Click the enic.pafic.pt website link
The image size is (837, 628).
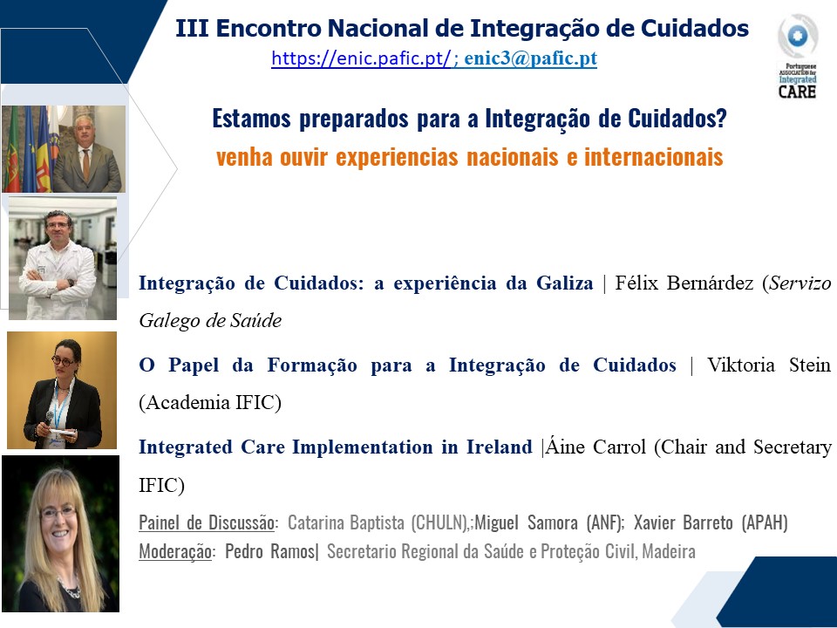point(361,58)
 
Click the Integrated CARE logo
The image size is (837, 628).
point(798,56)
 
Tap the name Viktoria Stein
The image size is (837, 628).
point(769,365)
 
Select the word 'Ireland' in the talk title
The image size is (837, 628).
point(500,447)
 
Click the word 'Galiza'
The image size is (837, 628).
point(564,283)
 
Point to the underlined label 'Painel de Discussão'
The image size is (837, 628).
point(207,522)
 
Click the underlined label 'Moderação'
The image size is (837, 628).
point(175,551)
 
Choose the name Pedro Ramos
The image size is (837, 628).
point(269,550)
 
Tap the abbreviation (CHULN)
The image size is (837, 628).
point(439,522)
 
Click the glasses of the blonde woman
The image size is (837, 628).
point(58,513)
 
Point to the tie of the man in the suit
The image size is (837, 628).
point(86,164)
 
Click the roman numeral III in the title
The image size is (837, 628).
point(192,28)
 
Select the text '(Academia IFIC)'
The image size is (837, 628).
point(210,402)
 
